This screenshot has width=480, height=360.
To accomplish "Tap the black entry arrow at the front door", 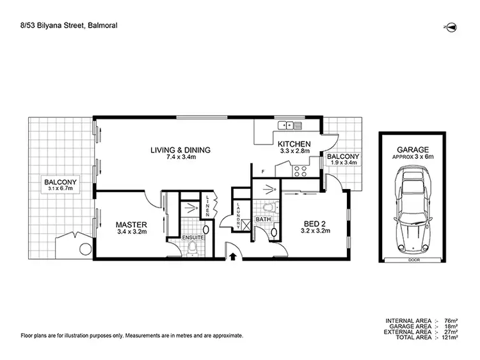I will tap(232, 256).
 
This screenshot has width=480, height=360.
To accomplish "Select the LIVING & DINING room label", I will tap(180, 151).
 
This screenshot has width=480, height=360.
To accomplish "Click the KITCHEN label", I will tap(294, 144).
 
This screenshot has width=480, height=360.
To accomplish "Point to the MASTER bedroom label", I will tap(132, 225).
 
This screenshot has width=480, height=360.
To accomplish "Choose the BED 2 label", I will tap(316, 224).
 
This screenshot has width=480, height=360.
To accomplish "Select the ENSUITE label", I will tap(193, 238).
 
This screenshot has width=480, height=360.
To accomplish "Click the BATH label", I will tap(264, 220).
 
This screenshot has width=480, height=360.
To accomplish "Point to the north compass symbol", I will tap(451, 26).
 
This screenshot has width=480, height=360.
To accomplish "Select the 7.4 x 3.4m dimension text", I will tap(180, 159).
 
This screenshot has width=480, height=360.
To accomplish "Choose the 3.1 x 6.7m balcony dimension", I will tap(61, 190).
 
